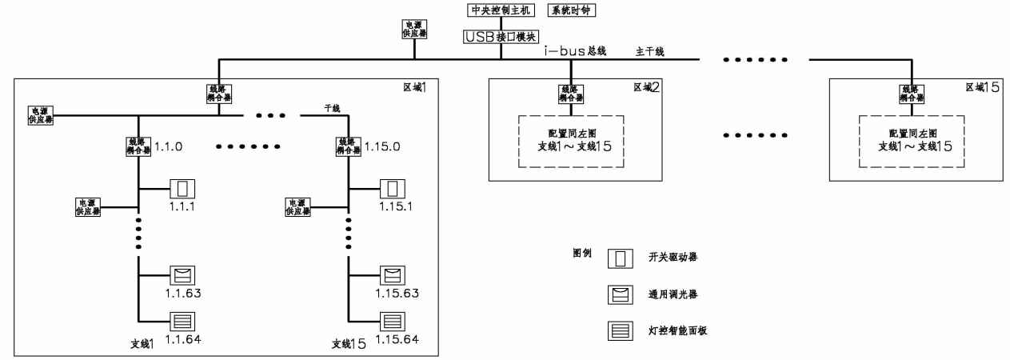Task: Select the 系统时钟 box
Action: click(572, 10)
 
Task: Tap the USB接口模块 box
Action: click(501, 36)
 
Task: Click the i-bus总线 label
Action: click(573, 52)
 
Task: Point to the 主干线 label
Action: click(649, 52)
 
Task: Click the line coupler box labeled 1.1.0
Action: click(139, 146)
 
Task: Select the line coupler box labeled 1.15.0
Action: click(348, 146)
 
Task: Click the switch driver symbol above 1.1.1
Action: click(182, 190)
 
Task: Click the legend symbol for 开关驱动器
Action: click(619, 259)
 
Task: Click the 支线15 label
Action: click(348, 344)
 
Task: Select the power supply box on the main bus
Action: click(413, 30)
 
